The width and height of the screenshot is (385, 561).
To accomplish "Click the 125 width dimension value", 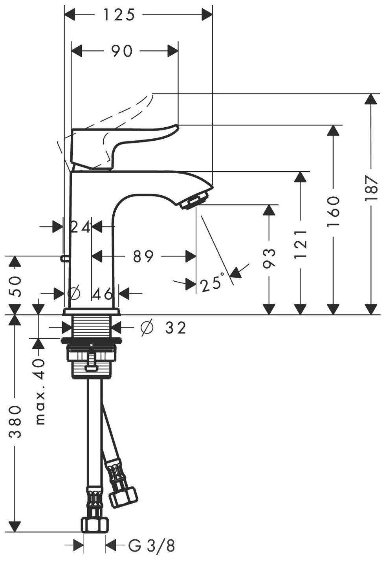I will coord(119,15).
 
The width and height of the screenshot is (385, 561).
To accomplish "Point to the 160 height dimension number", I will coord(333,212).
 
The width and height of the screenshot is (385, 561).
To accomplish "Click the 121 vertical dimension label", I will coord(301,244).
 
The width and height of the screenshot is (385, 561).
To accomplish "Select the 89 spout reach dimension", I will coord(143,257).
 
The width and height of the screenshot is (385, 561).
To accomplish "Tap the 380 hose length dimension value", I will coord(15,422).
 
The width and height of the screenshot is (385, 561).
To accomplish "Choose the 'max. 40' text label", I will coord(40,392).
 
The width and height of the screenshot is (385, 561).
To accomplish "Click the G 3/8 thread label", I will coord(151,545).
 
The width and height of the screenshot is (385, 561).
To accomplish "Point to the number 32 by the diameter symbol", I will coord(175,328).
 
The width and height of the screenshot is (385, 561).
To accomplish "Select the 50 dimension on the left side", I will coord(15,282).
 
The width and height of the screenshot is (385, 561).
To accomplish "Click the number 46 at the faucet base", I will coord(103,293).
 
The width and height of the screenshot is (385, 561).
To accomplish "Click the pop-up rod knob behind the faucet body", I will coord(64,258).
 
